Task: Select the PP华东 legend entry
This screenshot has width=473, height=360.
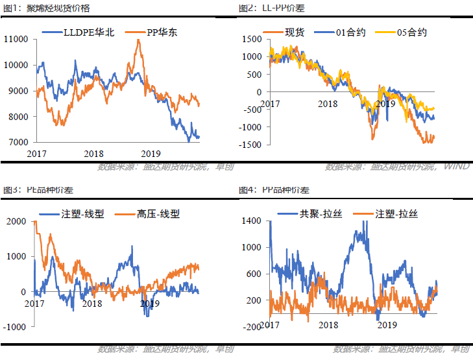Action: (154, 32)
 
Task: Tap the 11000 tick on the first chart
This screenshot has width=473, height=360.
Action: (15, 40)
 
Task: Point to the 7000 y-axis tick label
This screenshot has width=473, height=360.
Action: (17, 142)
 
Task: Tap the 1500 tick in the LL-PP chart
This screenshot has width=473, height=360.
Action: (251, 40)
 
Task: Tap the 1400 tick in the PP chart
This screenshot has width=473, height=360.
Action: (252, 222)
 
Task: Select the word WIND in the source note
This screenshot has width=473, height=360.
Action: (457, 167)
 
